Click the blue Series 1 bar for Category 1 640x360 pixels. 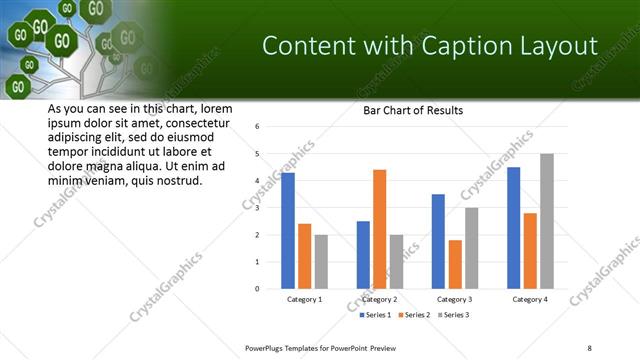pyautogui.click(x=288, y=231)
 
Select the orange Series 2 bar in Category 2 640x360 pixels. pyautogui.click(x=379, y=229)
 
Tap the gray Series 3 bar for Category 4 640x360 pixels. pyautogui.click(x=546, y=221)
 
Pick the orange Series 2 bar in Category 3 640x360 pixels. pyautogui.click(x=455, y=264)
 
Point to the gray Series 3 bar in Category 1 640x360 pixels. pyautogui.click(x=321, y=262)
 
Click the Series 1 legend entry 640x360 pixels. pyautogui.click(x=378, y=315)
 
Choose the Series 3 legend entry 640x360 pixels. pyautogui.click(x=452, y=315)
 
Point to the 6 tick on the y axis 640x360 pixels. pyautogui.click(x=258, y=127)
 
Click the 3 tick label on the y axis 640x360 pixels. pyautogui.click(x=258, y=208)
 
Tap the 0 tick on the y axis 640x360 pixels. pyautogui.click(x=258, y=289)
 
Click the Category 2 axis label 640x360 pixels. pyautogui.click(x=380, y=300)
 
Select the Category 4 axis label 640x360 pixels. pyautogui.click(x=529, y=300)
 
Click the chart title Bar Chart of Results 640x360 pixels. pyautogui.click(x=412, y=111)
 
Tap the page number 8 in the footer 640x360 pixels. pyautogui.click(x=590, y=347)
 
